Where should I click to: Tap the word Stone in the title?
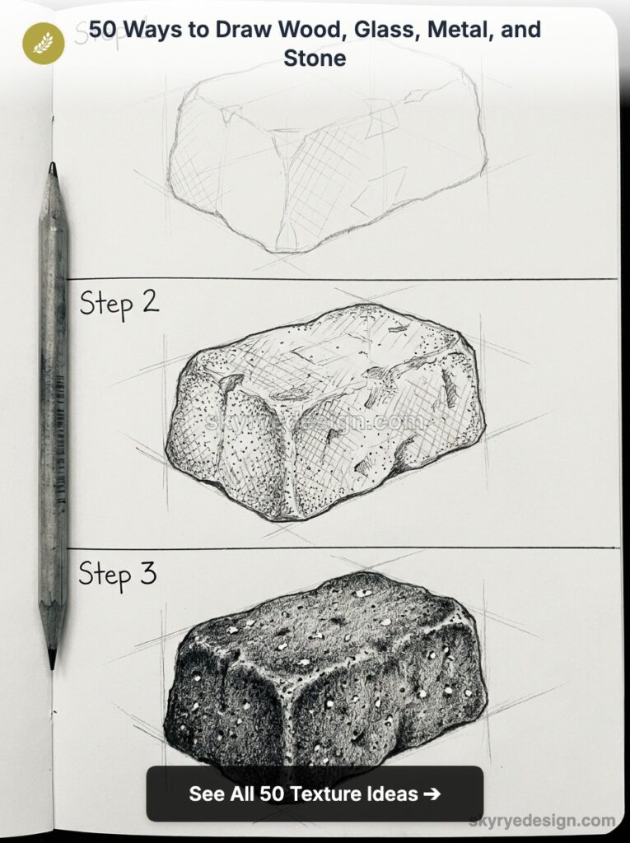pos(315,58)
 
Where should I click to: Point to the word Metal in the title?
pos(458,30)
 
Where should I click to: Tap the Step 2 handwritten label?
pos(119,304)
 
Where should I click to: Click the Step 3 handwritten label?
pos(117,573)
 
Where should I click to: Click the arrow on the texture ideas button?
pos(431,794)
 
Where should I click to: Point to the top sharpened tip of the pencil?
pos(52,170)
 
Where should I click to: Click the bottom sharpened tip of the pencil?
pos(52,659)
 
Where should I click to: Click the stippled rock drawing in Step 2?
pos(325,412)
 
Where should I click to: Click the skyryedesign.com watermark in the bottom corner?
pos(542,820)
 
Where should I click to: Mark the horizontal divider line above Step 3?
pos(342,548)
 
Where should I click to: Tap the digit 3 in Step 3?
pos(147,572)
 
